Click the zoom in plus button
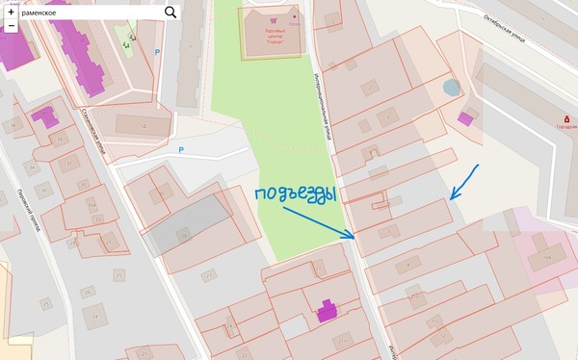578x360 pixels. point(11,12)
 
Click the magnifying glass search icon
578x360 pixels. point(171,12)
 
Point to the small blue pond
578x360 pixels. point(452,88)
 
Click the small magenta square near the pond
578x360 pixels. point(466,118)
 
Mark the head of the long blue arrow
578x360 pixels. point(354,238)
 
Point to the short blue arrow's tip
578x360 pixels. point(452,197)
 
